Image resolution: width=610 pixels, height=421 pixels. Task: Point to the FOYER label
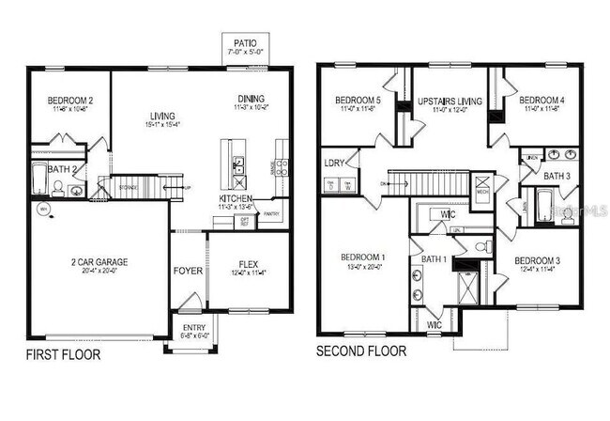click(x=188, y=272)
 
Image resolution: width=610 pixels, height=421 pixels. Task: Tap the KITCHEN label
click(x=235, y=199)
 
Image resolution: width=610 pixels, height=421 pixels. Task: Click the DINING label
click(x=251, y=99)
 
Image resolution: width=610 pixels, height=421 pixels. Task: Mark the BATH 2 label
click(x=62, y=169)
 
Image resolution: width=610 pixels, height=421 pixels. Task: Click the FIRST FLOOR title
click(x=62, y=354)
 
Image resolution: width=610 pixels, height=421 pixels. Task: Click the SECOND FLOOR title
click(x=361, y=351)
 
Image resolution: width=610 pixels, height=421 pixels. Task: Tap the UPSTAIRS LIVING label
click(x=448, y=101)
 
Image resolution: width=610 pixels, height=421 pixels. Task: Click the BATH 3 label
click(x=557, y=176)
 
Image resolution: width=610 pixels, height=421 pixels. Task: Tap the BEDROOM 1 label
click(x=361, y=257)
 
